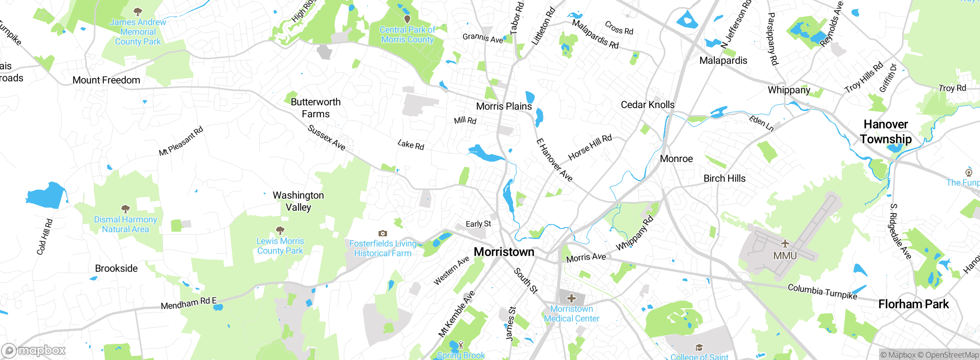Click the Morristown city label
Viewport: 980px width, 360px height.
pos(504,252)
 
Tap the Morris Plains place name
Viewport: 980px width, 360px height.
pos(504,106)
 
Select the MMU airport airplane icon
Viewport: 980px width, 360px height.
pos(785,244)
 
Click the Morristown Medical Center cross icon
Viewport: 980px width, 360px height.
pos(572,298)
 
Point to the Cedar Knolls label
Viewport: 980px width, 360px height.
pos(647,105)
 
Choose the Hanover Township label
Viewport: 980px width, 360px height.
pos(886,132)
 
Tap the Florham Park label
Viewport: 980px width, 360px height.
pos(913,304)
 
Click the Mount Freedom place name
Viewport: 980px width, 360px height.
pos(106,80)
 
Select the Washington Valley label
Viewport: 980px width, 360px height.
pos(298,201)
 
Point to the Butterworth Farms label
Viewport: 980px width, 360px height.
pos(315,108)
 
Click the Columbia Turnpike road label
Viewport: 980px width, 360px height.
pos(822,292)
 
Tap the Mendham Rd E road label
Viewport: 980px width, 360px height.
pos(189,303)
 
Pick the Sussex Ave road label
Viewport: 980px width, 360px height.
pos(327,137)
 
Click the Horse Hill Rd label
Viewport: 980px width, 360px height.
pos(590,147)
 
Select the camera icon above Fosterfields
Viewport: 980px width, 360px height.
pos(382,233)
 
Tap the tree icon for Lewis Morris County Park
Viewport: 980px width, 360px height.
pos(280,230)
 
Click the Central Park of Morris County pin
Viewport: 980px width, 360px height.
pos(407,18)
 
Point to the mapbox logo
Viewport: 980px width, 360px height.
pos(34,350)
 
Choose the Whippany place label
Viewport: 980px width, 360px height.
pos(789,90)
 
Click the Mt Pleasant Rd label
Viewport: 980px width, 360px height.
pos(181,141)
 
